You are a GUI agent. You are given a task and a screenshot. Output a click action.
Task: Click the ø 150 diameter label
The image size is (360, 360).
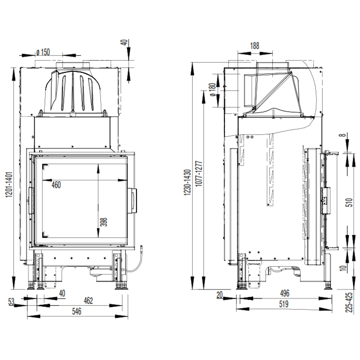tap(43, 52)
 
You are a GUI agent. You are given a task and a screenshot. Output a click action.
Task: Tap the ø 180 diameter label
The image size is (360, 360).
tap(213, 90)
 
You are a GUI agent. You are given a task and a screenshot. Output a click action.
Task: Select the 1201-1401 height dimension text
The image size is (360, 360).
tap(9, 185)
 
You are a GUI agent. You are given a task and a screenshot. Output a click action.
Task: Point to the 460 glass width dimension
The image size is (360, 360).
tap(56, 185)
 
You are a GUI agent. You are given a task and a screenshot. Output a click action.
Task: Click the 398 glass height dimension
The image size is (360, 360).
tap(104, 222)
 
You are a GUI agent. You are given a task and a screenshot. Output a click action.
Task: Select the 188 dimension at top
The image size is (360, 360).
tap(255, 46)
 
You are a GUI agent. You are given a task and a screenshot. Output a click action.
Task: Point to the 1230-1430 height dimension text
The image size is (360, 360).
tap(187, 182)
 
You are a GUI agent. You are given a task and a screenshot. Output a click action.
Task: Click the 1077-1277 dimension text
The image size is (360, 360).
tap(199, 174)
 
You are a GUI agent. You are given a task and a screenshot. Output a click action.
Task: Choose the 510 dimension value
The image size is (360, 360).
tap(350, 202)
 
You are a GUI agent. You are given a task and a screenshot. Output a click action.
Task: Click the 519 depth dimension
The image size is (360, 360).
tap(284, 304)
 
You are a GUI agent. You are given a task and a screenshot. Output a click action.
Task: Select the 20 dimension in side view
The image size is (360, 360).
tap(220, 295)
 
